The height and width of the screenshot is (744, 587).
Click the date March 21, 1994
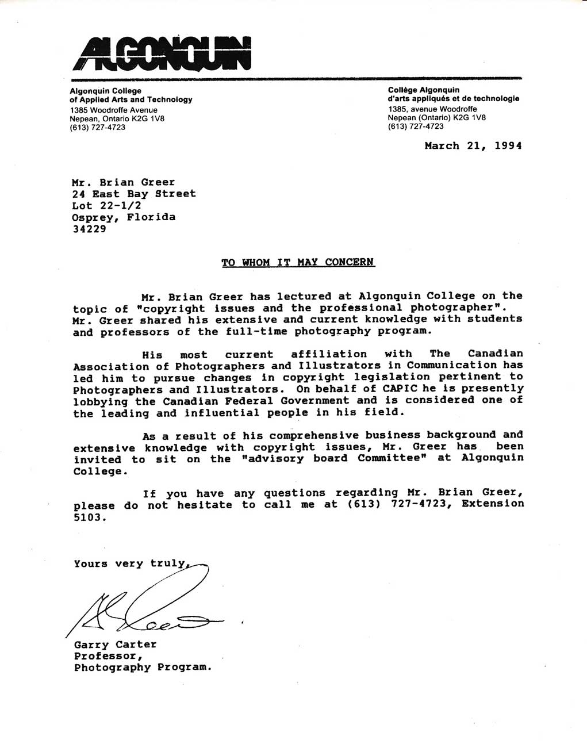473,146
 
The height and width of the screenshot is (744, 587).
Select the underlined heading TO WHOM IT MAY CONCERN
298,263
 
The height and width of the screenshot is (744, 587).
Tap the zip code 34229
89,229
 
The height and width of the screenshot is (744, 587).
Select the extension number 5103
90,517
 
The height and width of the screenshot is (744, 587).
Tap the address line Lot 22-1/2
106,205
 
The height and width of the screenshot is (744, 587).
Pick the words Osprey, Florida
124,217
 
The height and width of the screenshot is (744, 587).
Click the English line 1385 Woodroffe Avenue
113,110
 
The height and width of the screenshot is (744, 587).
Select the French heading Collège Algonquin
424,90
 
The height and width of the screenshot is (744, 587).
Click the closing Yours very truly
131,564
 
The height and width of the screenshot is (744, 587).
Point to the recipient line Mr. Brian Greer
123,182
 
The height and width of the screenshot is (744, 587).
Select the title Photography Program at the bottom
143,668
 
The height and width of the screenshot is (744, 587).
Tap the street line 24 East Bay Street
133,194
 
